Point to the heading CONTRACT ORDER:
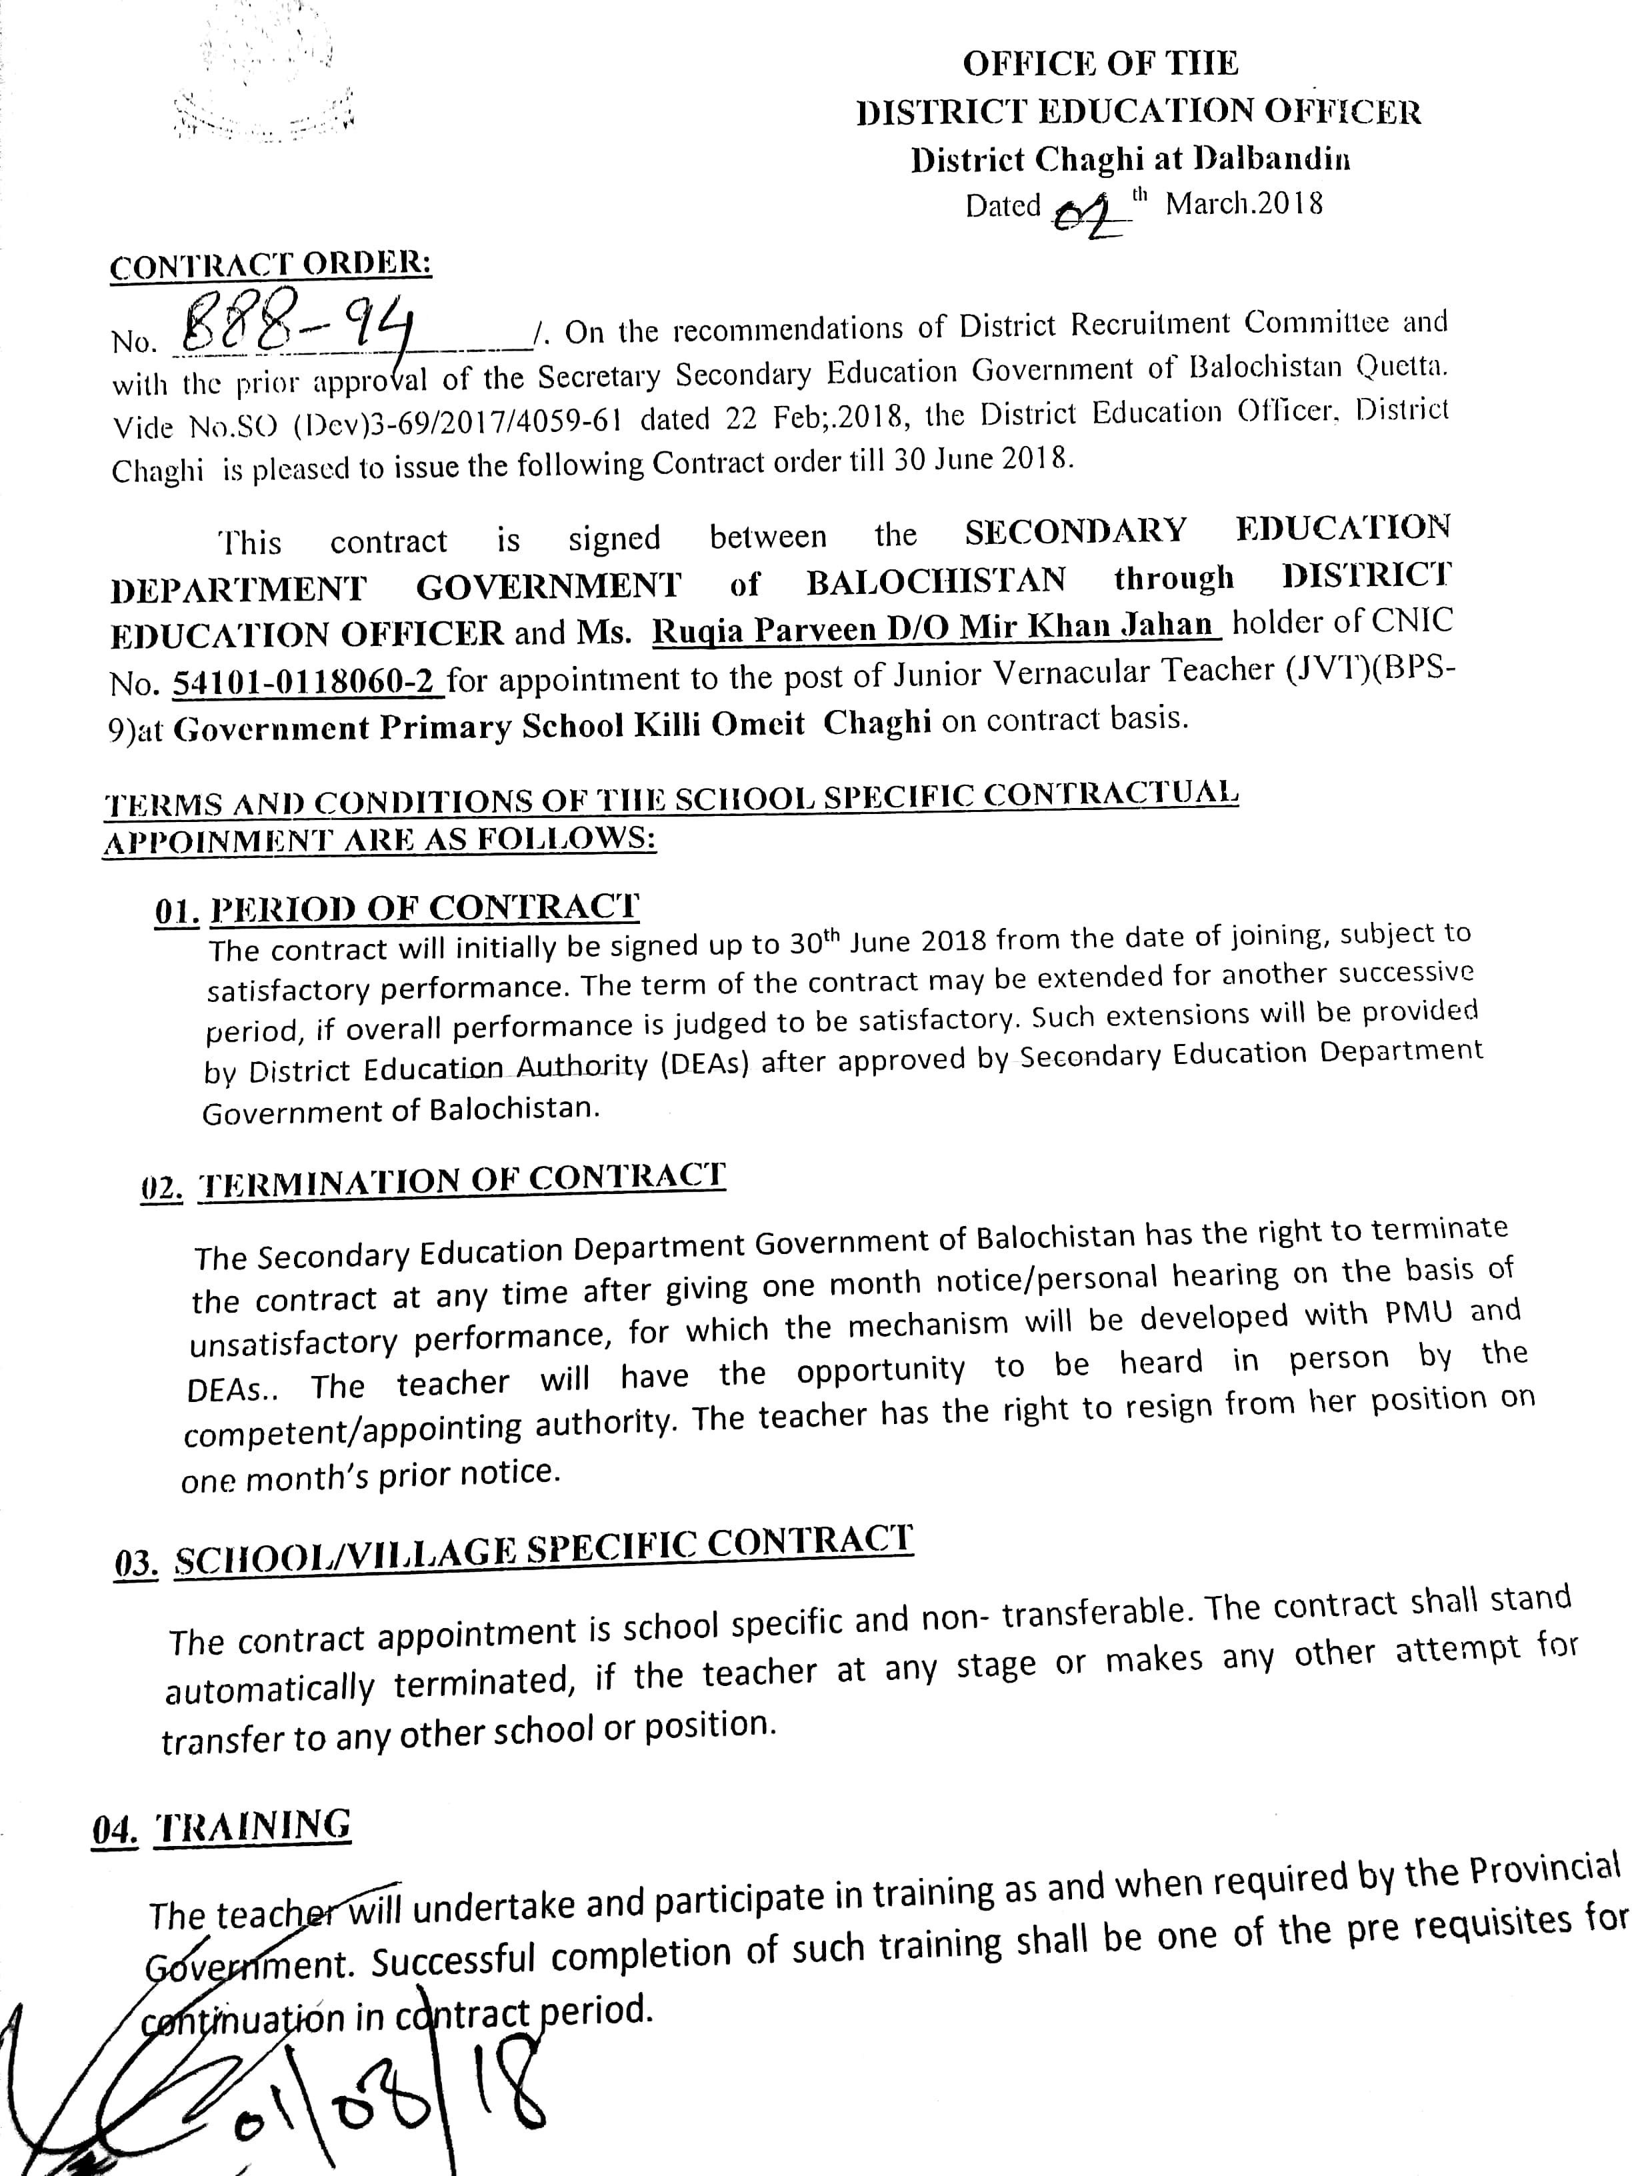(271, 265)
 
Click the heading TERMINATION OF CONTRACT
(463, 1179)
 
